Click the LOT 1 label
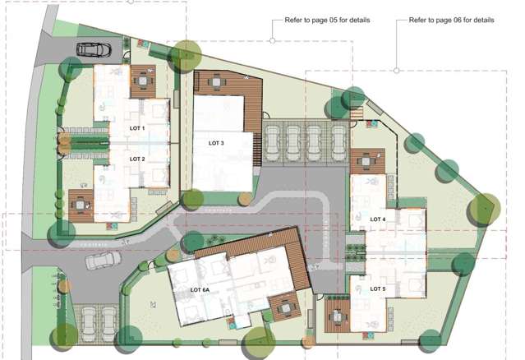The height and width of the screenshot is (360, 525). pos(137,129)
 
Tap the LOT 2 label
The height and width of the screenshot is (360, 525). pos(137,159)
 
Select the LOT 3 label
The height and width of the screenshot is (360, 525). pos(217,143)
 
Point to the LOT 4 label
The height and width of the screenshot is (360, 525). pos(378,219)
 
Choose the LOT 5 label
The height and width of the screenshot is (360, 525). pos(378,289)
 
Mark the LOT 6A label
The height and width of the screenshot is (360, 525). pos(200,291)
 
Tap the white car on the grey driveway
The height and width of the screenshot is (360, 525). pos(101,261)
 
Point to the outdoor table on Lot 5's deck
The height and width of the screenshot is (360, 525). pos(338,312)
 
